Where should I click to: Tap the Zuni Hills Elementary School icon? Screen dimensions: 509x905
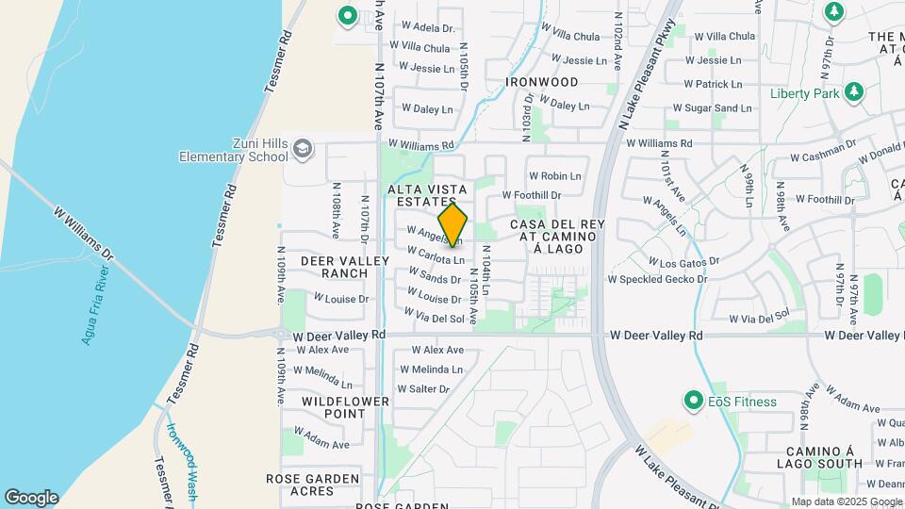pos(303,148)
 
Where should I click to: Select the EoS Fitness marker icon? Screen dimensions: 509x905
pos(694,402)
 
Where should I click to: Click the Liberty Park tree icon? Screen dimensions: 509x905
pos(854,92)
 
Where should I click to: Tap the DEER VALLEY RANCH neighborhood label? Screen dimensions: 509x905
pos(333,267)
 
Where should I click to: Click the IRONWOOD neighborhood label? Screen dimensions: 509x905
pos(541,82)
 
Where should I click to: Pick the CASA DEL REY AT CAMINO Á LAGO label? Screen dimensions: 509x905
pos(556,236)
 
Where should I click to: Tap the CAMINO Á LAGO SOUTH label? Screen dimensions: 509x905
pos(819,456)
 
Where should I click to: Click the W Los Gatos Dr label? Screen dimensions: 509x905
pos(684,260)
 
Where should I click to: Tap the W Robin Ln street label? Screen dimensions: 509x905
pos(554,176)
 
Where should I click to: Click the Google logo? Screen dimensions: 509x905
pos(31,497)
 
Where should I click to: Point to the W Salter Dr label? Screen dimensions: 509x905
pos(423,388)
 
